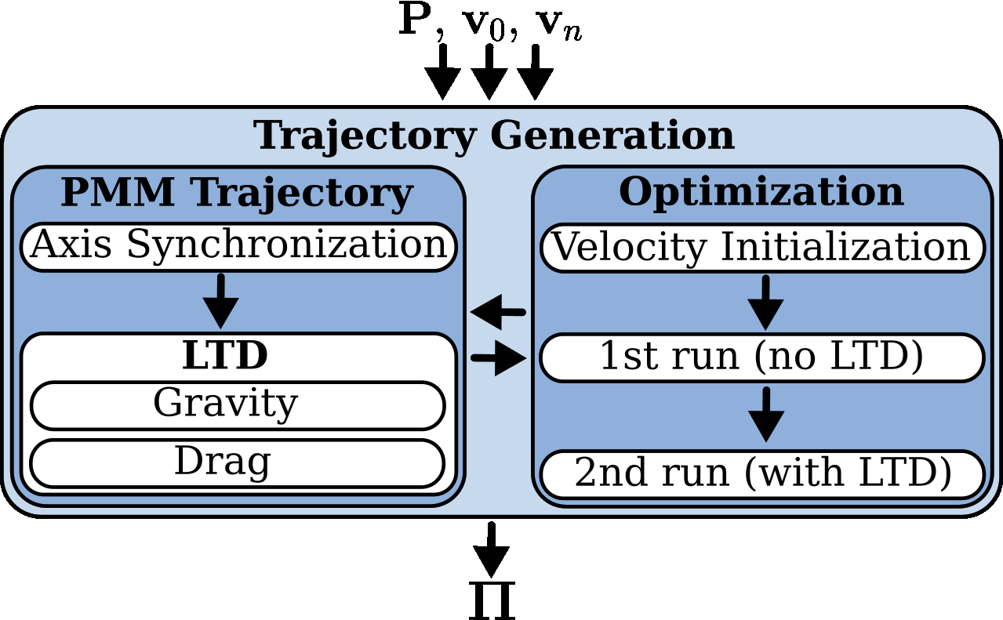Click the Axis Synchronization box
(238, 246)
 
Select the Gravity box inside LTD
(237, 405)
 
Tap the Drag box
(237, 462)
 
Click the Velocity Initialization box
(761, 248)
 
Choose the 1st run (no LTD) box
(761, 357)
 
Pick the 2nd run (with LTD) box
(761, 473)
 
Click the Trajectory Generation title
(494, 136)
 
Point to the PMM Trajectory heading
(237, 193)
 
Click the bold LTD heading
(225, 356)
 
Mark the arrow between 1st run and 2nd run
(766, 415)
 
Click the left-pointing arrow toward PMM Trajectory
(497, 313)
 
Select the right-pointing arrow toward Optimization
(499, 359)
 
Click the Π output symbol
(492, 601)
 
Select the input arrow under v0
(489, 72)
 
